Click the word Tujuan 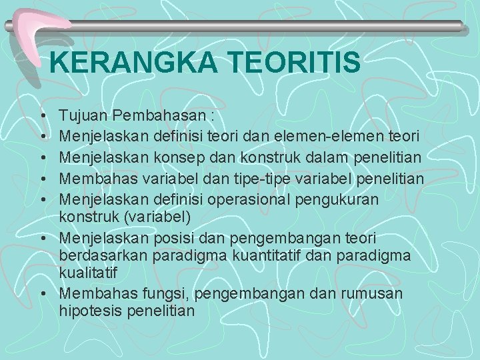click(83, 116)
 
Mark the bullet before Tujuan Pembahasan click(42, 117)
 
